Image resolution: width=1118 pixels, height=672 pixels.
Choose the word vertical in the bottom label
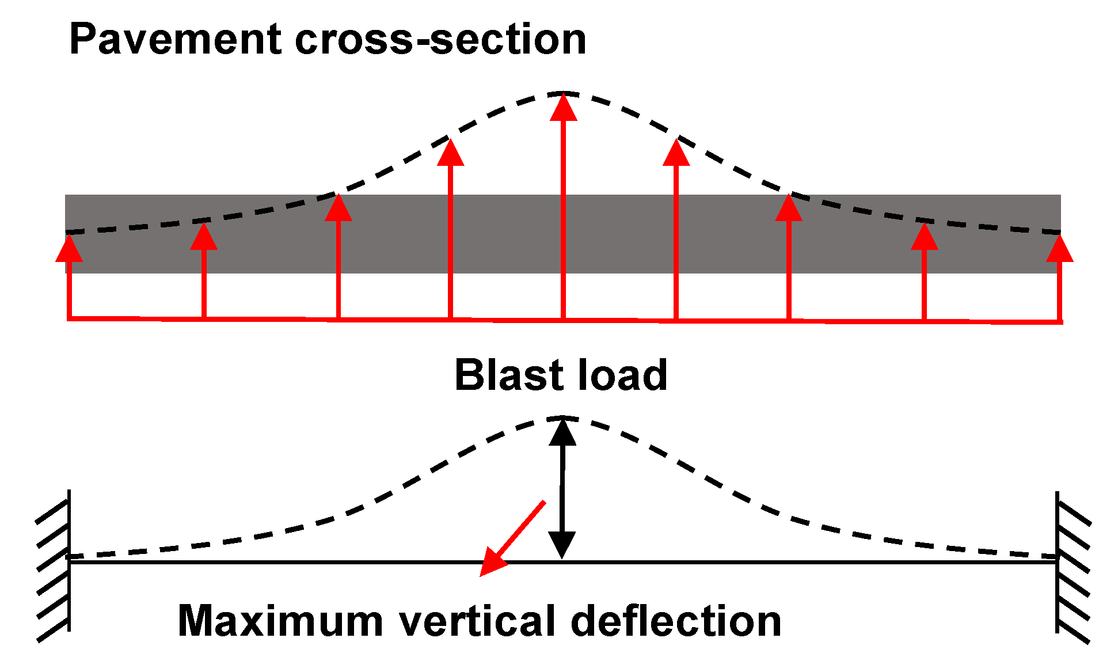click(x=478, y=621)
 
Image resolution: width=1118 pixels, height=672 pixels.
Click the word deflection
click(x=676, y=621)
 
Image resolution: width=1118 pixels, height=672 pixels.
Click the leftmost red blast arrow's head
click(x=69, y=249)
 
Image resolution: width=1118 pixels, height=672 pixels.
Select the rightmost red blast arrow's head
click(x=1060, y=249)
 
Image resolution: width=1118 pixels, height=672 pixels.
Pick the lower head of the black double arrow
click(x=562, y=544)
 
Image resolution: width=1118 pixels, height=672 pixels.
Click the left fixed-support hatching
click(x=54, y=564)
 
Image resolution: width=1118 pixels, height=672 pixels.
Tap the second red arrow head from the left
click(x=204, y=237)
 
